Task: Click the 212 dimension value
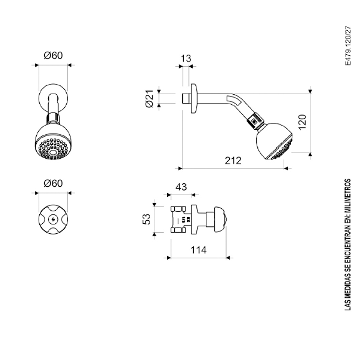tap(233, 160)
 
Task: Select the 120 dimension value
tap(303, 122)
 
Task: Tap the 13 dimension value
tap(186, 59)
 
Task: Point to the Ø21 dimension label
tap(149, 98)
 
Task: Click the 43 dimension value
tap(181, 187)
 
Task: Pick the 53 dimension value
tap(146, 219)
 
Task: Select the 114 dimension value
tap(198, 250)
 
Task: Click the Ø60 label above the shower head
tap(53, 56)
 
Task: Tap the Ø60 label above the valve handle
tap(53, 183)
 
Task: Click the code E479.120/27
tap(348, 46)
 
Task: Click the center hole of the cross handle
tap(53, 219)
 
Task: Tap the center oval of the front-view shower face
tap(53, 152)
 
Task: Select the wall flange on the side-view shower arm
tap(194, 99)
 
